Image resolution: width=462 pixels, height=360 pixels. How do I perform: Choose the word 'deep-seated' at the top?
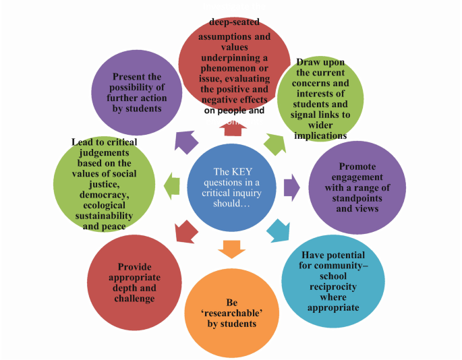click(215, 22)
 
